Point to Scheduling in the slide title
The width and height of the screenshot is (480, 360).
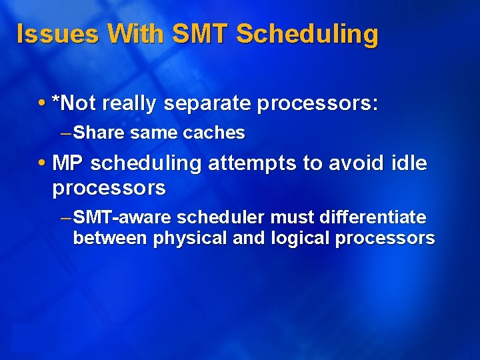coord(307,33)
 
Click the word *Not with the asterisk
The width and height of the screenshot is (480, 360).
coord(74,103)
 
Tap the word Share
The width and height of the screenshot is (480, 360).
coord(99,133)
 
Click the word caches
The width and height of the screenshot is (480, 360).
coord(214,133)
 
